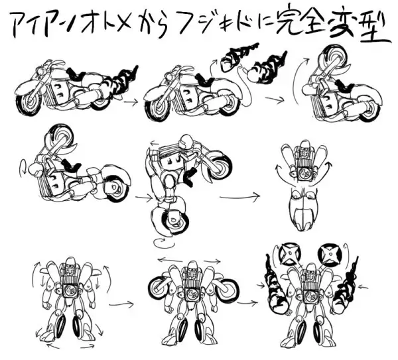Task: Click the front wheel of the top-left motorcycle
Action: [31, 101]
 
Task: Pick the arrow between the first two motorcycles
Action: [131, 101]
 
